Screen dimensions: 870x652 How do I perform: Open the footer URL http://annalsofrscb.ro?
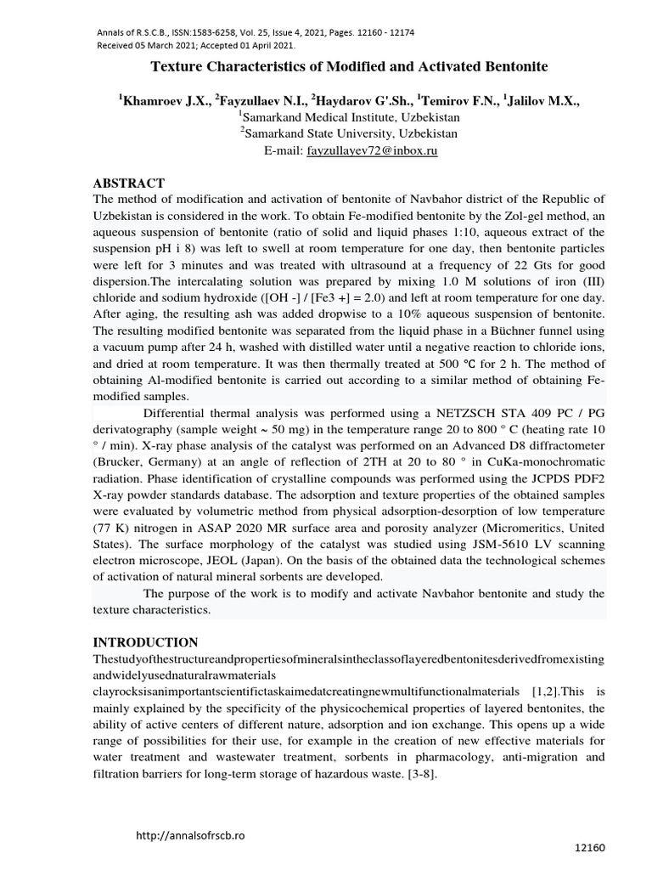tap(190, 835)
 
